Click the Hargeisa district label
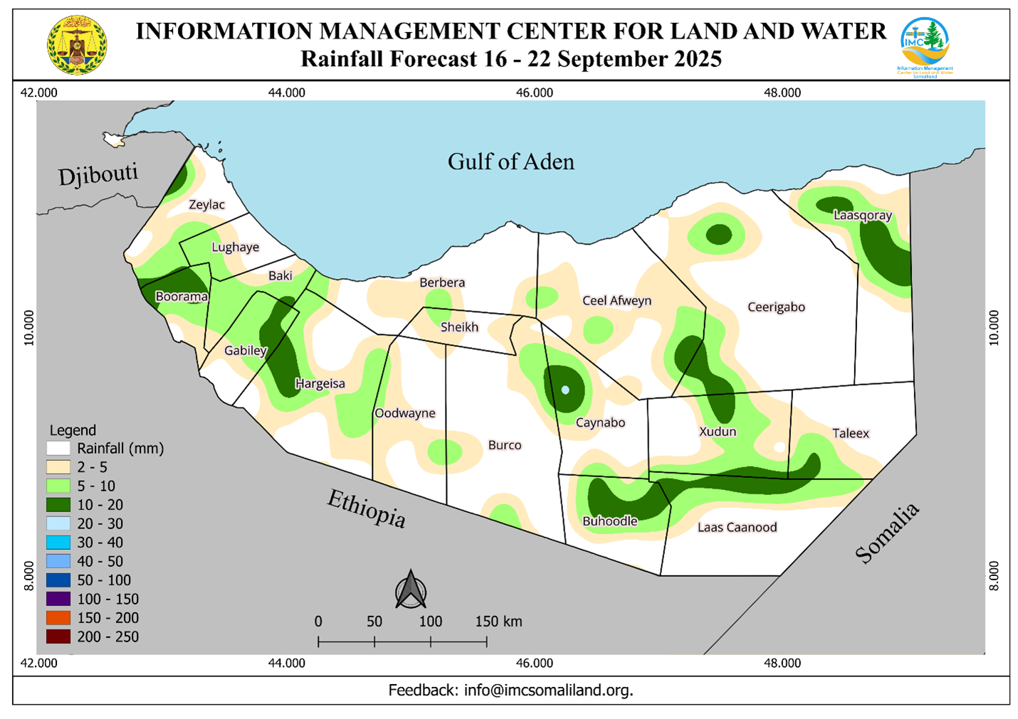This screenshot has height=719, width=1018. [x=320, y=383]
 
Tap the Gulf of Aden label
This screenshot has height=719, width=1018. [x=510, y=161]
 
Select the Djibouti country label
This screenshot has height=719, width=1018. [x=98, y=174]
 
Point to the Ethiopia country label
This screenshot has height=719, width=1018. [x=366, y=508]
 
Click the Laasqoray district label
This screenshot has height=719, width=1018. [x=862, y=215]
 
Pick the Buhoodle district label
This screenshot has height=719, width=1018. [x=609, y=521]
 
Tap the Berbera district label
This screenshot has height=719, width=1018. [x=441, y=282]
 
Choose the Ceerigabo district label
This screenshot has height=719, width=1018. [x=776, y=307]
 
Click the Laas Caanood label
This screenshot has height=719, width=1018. [x=737, y=527]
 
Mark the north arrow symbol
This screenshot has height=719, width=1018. [x=411, y=590]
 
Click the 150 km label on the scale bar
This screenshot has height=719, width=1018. [x=498, y=621]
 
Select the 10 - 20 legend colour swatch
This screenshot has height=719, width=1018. [x=58, y=505]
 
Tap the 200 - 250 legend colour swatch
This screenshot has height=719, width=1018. [x=58, y=637]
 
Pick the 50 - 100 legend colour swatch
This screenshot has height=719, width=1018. [x=58, y=580]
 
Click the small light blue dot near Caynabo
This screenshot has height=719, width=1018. [x=565, y=390]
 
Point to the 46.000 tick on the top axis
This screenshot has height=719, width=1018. [x=534, y=92]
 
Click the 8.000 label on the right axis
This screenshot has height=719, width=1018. [x=994, y=575]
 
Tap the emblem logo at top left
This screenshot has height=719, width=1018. [x=77, y=46]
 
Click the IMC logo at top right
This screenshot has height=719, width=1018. [x=925, y=46]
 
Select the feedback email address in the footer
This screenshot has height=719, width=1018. [x=548, y=690]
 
